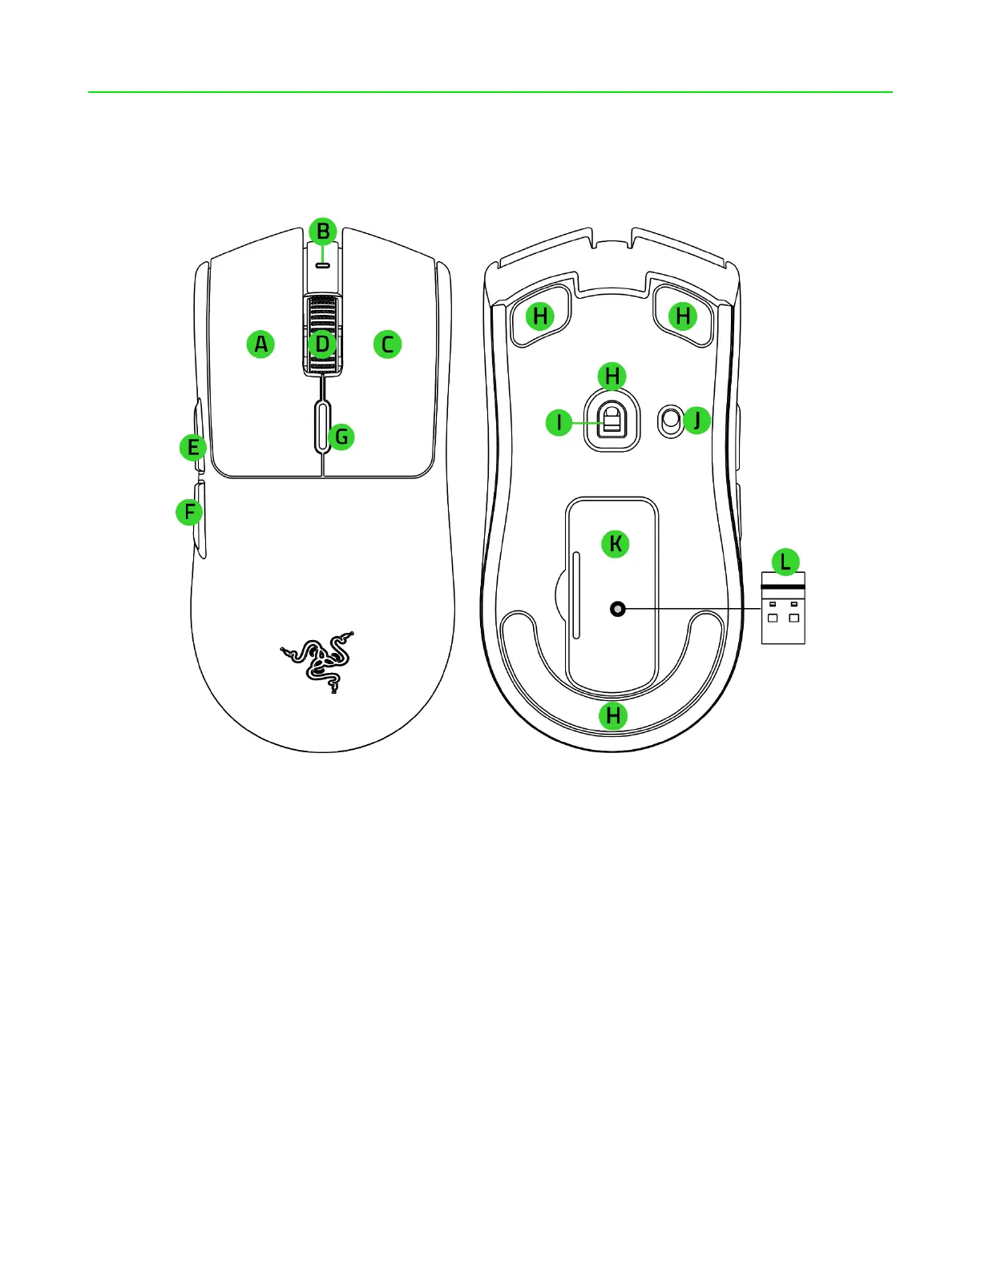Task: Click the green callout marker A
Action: [x=260, y=344]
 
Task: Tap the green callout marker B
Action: [x=323, y=232]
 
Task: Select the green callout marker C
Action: [x=387, y=344]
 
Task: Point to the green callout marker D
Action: [x=322, y=344]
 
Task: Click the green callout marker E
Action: [x=193, y=447]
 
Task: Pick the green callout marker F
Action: [x=189, y=512]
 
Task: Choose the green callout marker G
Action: [x=341, y=437]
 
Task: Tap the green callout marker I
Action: [x=559, y=422]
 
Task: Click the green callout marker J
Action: [x=697, y=420]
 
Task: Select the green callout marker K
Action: [x=615, y=544]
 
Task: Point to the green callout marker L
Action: [x=785, y=562]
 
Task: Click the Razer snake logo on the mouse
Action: [x=317, y=660]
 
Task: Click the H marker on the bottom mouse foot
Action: [x=613, y=715]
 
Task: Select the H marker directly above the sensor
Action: [x=612, y=376]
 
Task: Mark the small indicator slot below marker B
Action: [x=323, y=264]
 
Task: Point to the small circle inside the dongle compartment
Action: [x=617, y=609]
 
